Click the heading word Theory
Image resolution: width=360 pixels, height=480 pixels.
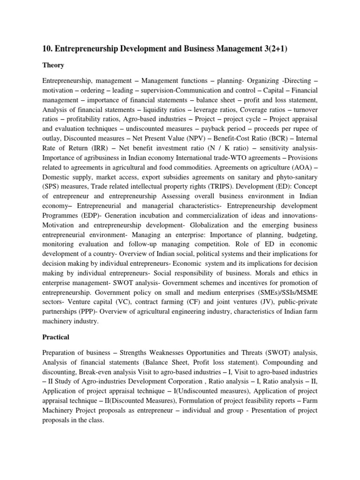click(x=53, y=65)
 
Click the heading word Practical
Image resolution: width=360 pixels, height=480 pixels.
click(x=56, y=337)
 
